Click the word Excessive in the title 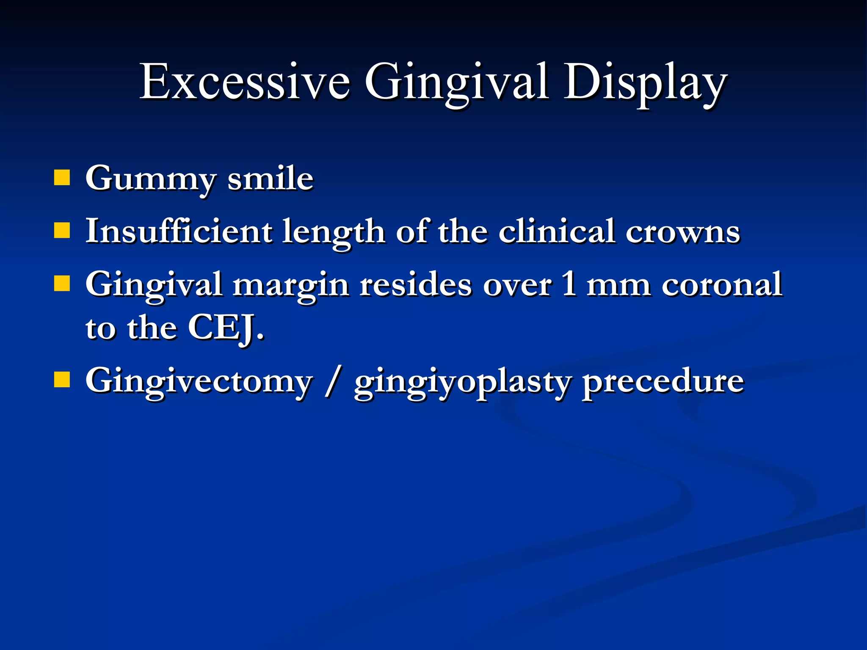click(245, 81)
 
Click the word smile click(270, 179)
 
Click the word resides click(416, 284)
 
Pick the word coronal click(722, 284)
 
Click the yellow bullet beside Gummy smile click(62, 178)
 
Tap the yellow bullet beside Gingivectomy click(62, 380)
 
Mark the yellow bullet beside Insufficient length click(62, 231)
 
